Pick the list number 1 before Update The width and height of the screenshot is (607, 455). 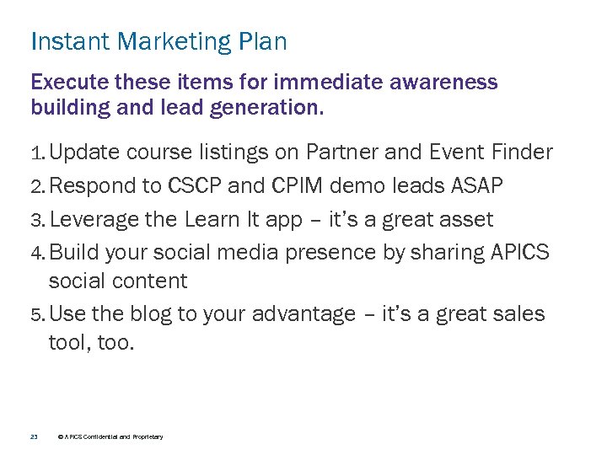(x=36, y=153)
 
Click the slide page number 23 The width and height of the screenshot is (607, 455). (x=34, y=436)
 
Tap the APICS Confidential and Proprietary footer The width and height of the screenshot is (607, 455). (x=110, y=436)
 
